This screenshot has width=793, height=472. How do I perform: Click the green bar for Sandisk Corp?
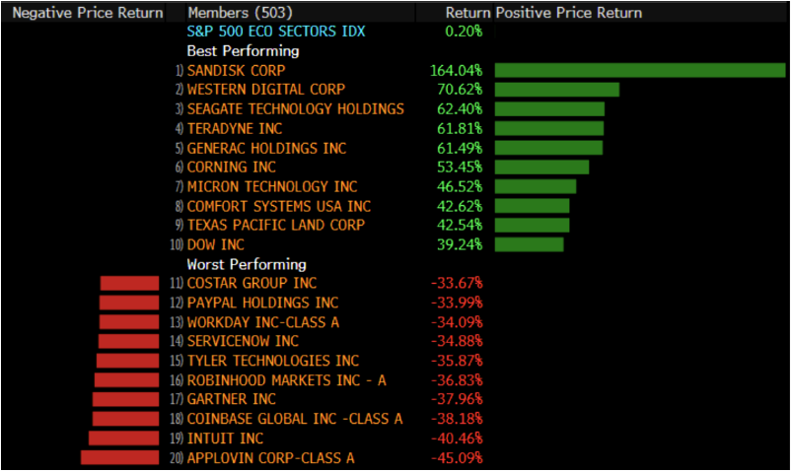[x=639, y=70]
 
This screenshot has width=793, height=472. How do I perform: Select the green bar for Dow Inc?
[x=529, y=244]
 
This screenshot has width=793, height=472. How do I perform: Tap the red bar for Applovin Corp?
[x=119, y=457]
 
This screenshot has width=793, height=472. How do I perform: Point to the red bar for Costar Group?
[x=129, y=283]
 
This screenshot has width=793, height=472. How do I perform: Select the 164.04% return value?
[x=456, y=70]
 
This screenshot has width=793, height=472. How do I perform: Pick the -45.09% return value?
[x=457, y=457]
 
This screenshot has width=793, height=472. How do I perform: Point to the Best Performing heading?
[x=243, y=50]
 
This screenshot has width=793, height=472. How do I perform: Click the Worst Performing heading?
[x=247, y=264]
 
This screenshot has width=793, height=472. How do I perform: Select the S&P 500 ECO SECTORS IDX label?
[x=275, y=32]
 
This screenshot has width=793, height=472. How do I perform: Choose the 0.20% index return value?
[x=464, y=32]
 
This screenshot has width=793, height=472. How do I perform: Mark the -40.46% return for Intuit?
[x=457, y=438]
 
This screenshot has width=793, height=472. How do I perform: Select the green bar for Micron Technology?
[x=535, y=186]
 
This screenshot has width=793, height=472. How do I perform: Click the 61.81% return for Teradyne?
[x=460, y=128]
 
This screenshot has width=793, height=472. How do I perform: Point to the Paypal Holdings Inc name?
[x=262, y=303]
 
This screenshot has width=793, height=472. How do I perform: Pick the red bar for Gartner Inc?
[x=125, y=399]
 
